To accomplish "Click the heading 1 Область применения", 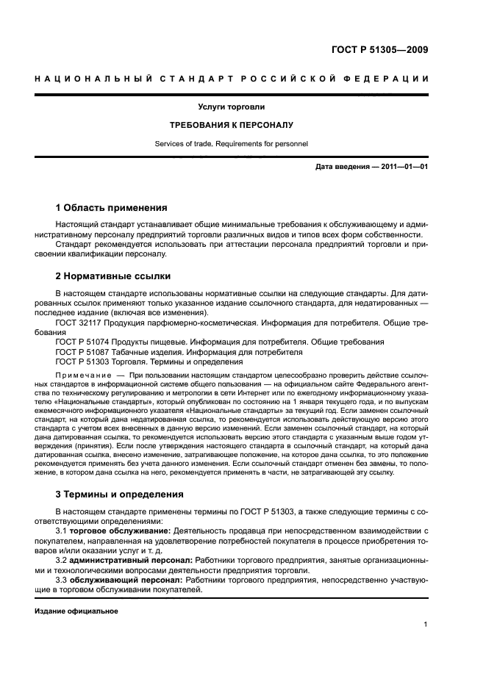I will point(111,207).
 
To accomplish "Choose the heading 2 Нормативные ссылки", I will point(113,276).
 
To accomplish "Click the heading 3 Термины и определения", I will point(120,494).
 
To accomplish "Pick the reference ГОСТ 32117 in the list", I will point(79,323).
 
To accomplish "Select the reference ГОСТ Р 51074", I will point(82,342).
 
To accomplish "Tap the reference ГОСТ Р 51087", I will point(82,352).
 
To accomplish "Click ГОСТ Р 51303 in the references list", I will point(82,362).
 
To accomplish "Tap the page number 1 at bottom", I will point(426,625).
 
